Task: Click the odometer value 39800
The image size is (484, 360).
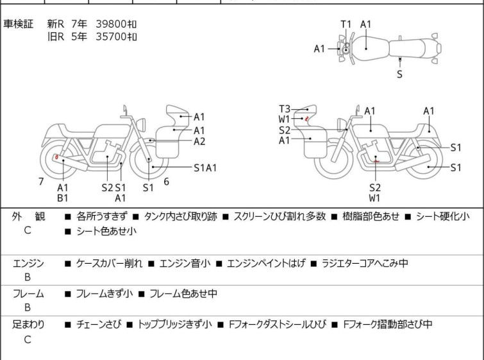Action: coord(111,24)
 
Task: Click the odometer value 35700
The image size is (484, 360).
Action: coord(111,37)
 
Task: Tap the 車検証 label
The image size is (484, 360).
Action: coord(18,24)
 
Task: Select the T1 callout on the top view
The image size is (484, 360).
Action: coord(346,24)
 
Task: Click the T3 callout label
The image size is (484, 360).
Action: coord(285,109)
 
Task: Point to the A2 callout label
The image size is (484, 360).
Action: coord(199,141)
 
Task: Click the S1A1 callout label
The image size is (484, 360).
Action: coord(205,167)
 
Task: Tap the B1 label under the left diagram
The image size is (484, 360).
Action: coord(63,198)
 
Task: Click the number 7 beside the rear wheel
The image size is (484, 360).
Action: coord(41,182)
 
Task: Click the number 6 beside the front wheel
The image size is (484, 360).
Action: coord(167,182)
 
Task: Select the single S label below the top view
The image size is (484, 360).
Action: coord(400,74)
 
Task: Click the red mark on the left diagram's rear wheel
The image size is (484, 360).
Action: coord(56,157)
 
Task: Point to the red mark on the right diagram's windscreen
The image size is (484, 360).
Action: coord(306,118)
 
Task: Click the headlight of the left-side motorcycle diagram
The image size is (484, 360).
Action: coord(141,124)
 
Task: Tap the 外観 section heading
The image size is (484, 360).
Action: coord(28,216)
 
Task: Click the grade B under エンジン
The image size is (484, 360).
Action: coord(28,277)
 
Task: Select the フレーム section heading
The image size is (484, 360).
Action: coord(28,293)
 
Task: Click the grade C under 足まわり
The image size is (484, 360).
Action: coord(28,339)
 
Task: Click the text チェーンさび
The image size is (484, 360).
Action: coord(99,325)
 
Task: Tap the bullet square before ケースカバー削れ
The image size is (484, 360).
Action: coord(68,264)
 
